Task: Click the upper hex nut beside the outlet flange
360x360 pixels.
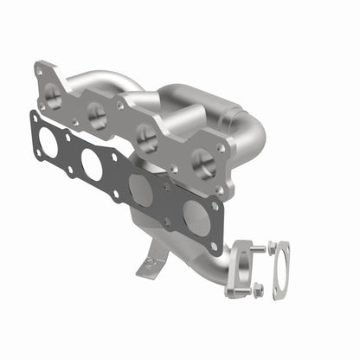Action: click(273, 247)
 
